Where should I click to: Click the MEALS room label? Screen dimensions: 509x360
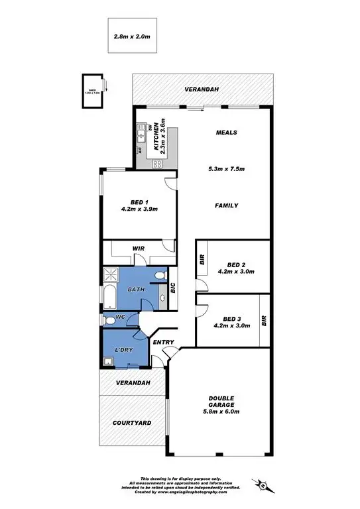pyautogui.click(x=226, y=133)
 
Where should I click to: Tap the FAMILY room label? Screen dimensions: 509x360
pyautogui.click(x=226, y=205)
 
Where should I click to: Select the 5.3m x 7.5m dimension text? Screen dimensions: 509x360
pyautogui.click(x=226, y=169)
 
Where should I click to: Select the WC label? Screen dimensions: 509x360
pyautogui.click(x=121, y=318)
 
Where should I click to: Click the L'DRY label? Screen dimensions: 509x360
pyautogui.click(x=125, y=349)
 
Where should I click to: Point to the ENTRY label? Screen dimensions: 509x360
pyautogui.click(x=163, y=343)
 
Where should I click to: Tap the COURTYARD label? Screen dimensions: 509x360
pyautogui.click(x=131, y=422)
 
